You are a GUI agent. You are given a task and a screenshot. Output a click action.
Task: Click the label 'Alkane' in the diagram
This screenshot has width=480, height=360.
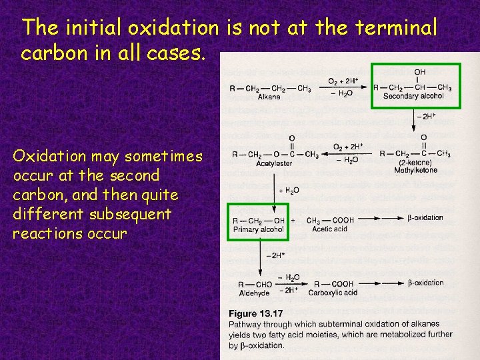coord(269,97)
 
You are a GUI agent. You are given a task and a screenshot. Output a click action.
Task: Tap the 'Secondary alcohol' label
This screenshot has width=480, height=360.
coord(413,97)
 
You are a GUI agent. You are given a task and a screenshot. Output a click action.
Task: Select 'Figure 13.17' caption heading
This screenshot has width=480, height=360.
coord(256,313)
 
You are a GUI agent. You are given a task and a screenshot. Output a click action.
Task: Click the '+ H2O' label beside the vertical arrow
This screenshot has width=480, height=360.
coord(287,190)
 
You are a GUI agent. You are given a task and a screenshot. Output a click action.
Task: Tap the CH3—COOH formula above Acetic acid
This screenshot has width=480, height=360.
coord(330,221)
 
